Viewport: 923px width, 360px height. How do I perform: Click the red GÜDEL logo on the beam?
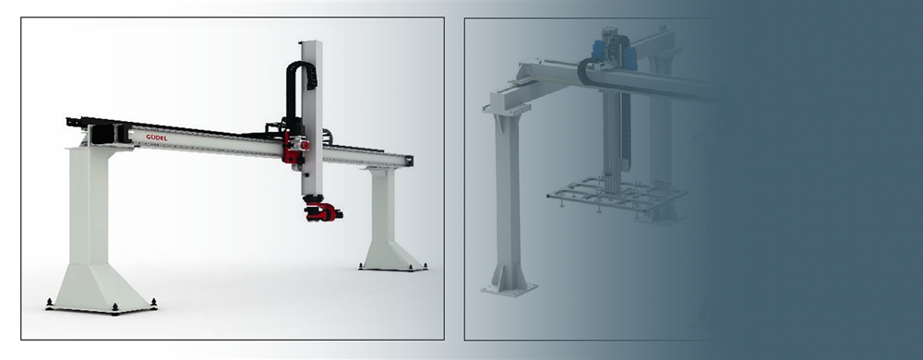(157, 138)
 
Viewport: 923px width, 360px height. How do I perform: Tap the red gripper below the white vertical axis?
(323, 211)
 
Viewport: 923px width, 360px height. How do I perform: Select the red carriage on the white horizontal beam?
(295, 147)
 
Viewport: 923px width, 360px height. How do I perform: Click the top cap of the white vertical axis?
(310, 42)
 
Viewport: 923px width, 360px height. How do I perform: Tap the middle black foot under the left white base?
(114, 307)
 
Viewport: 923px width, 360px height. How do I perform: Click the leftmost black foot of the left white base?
(50, 303)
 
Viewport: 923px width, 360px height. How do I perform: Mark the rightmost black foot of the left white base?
(153, 303)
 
